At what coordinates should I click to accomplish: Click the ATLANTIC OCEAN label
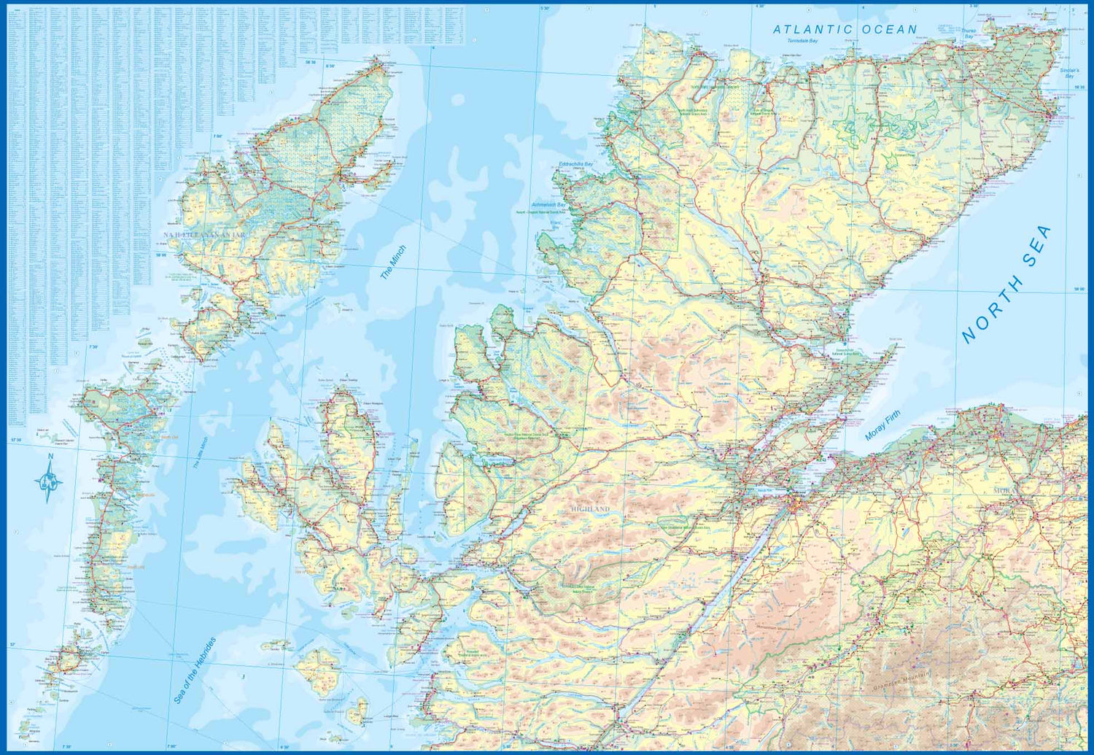click(845, 30)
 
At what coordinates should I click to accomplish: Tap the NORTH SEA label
click(1006, 284)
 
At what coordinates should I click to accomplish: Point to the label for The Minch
click(393, 263)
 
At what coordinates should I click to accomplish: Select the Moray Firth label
click(882, 425)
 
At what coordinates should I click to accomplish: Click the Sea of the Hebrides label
click(195, 671)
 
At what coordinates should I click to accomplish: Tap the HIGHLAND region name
click(590, 508)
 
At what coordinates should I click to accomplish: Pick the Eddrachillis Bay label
click(575, 165)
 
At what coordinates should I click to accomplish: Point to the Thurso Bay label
click(969, 33)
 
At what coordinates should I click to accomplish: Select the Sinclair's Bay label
click(1069, 73)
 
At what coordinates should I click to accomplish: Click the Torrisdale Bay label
click(802, 41)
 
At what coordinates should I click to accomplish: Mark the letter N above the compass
click(50, 457)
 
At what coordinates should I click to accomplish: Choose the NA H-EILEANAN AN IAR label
click(203, 235)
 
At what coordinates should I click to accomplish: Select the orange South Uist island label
click(136, 567)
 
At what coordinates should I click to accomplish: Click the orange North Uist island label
click(169, 437)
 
